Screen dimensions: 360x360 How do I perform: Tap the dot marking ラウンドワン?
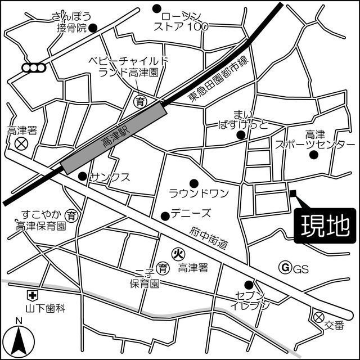tap(193, 182)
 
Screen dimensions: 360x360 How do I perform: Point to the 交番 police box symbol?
tap(319, 316)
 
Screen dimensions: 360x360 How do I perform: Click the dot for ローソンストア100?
tap(156, 8)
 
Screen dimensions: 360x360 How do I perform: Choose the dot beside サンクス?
tap(82, 176)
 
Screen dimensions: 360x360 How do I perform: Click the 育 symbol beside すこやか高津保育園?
tap(71, 214)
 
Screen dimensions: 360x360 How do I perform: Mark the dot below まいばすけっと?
tap(241, 134)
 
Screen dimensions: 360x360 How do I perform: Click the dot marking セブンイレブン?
tap(248, 284)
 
